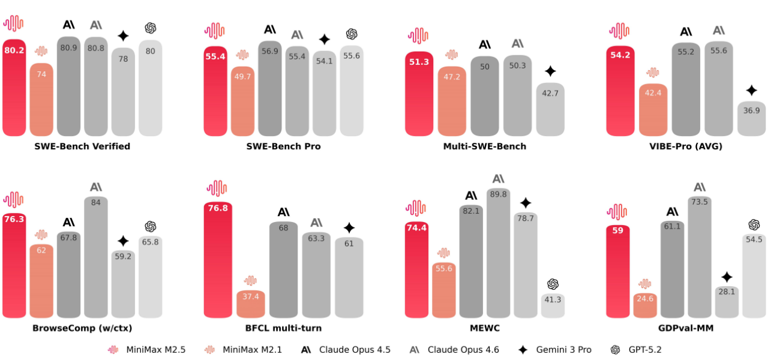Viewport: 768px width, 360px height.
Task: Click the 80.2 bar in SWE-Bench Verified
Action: click(x=14, y=90)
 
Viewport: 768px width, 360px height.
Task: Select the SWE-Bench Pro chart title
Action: click(x=283, y=146)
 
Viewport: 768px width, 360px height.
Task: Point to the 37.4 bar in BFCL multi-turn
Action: click(x=250, y=304)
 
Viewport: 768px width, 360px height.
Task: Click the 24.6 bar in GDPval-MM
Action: click(x=645, y=306)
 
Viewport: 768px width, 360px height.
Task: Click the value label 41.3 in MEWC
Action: click(x=553, y=299)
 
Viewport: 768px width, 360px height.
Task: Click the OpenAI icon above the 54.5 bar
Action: click(x=754, y=224)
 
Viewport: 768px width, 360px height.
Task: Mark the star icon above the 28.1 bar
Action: click(x=727, y=277)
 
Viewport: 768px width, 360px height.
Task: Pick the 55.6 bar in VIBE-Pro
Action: click(x=718, y=90)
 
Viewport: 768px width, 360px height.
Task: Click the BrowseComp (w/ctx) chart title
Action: click(x=82, y=328)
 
